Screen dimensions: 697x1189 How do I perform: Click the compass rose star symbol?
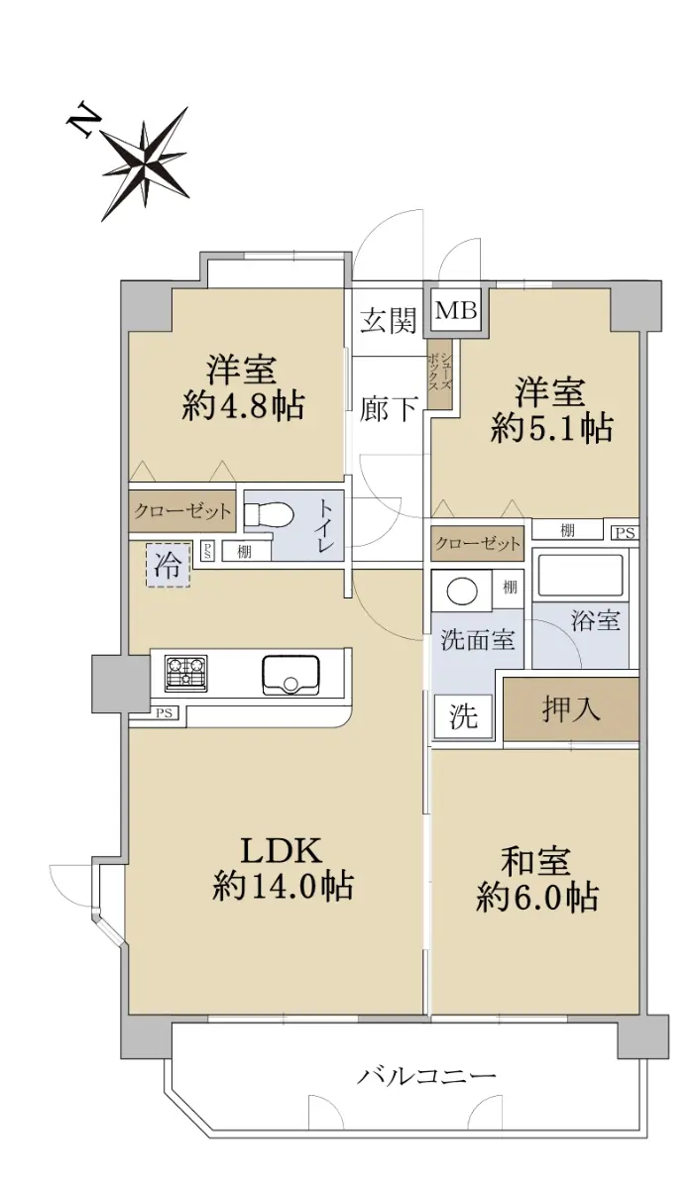(x=145, y=163)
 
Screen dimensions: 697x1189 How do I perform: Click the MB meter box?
(x=456, y=310)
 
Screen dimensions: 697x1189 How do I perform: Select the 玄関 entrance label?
(x=388, y=320)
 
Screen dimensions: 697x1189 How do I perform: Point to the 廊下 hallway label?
(x=388, y=409)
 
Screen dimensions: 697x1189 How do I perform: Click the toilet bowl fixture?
(x=270, y=515)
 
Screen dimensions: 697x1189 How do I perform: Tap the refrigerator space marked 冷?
(x=168, y=565)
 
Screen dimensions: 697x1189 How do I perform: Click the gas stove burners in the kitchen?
(x=185, y=674)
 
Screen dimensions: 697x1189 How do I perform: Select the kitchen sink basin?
(x=290, y=676)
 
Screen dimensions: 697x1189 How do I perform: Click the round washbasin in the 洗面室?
(x=462, y=591)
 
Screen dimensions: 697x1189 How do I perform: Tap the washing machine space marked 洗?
(x=464, y=716)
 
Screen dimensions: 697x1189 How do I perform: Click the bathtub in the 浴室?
(x=580, y=576)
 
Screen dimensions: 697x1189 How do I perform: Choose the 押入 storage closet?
(x=571, y=708)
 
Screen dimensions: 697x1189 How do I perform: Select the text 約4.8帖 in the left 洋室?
(x=243, y=406)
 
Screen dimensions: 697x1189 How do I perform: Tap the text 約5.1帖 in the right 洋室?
(x=552, y=428)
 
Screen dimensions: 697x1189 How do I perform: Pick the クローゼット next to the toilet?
(x=182, y=511)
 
